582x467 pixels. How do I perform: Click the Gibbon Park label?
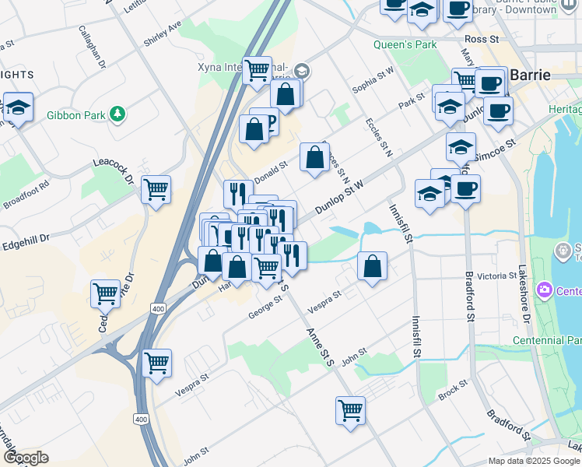tap(75, 115)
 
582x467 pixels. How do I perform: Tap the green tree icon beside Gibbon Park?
tap(117, 114)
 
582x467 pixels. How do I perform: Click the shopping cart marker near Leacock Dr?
tap(156, 189)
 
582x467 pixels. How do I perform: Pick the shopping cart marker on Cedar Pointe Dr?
tap(105, 294)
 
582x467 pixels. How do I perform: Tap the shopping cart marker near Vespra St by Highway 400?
tap(157, 363)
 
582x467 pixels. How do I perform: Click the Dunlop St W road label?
tap(341, 198)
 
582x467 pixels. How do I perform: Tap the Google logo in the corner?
tap(26, 457)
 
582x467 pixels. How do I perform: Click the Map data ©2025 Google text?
tap(533, 461)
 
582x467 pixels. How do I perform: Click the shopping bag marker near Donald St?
tap(314, 158)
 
